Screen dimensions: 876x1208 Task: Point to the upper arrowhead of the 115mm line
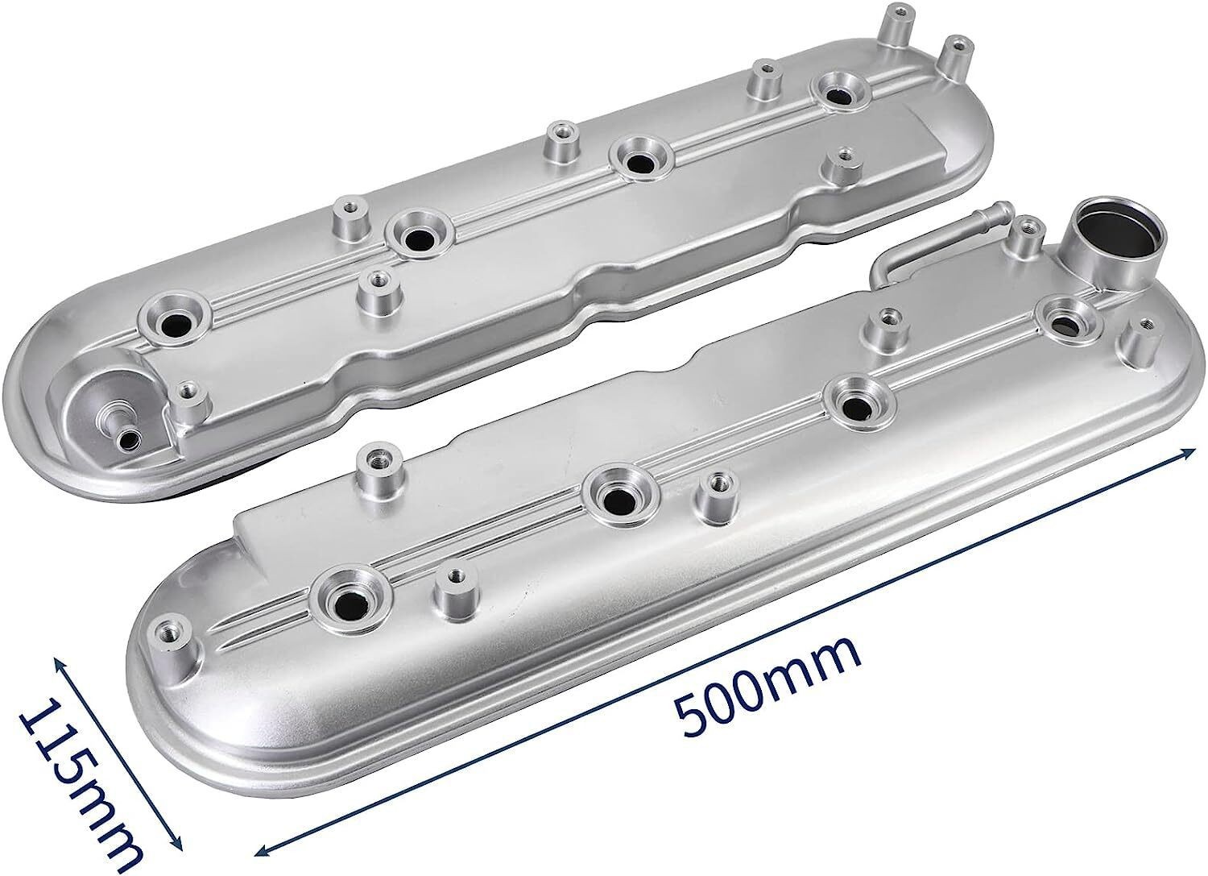click(x=60, y=662)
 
